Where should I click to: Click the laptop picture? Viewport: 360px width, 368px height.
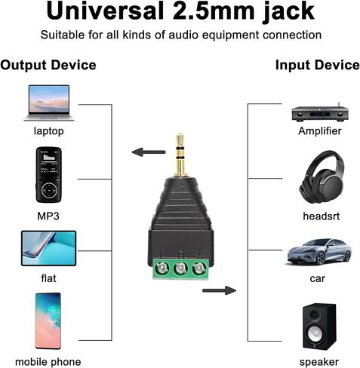click(49, 103)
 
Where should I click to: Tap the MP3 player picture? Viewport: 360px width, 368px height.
click(49, 175)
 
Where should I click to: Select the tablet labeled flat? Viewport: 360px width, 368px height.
click(49, 248)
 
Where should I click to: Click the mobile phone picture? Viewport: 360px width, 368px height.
click(48, 321)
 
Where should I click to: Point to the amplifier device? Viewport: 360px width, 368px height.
click(320, 113)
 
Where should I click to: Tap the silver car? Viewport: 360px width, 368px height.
click(319, 252)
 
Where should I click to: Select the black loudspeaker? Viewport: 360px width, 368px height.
click(319, 327)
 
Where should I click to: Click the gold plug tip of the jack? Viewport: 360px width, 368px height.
click(180, 141)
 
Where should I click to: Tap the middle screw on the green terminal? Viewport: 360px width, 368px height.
click(180, 268)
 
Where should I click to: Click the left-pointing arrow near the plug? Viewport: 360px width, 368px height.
click(149, 152)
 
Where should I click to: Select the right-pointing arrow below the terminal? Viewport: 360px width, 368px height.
click(219, 290)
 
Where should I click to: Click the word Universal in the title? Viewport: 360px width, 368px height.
click(105, 11)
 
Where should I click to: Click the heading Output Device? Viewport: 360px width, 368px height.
click(48, 65)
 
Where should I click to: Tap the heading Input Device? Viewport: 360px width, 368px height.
click(318, 65)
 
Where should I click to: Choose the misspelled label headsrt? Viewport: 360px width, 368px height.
click(321, 216)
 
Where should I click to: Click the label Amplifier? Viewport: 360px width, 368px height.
click(320, 131)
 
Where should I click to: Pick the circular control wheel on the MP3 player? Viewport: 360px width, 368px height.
click(49, 191)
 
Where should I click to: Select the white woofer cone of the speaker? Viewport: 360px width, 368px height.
click(315, 333)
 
